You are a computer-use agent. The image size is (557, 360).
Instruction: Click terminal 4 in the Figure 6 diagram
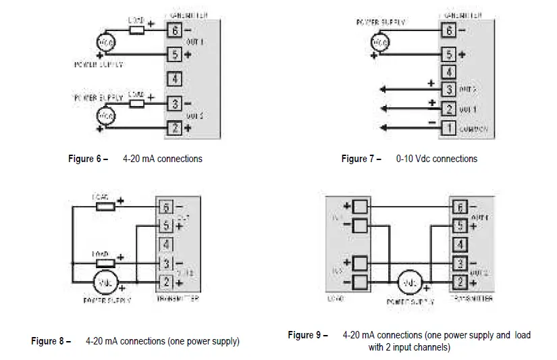(x=174, y=79)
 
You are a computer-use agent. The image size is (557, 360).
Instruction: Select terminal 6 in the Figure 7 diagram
(x=448, y=30)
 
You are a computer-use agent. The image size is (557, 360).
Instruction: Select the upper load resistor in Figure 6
(x=137, y=30)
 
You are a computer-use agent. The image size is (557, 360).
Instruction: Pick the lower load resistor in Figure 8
(x=106, y=263)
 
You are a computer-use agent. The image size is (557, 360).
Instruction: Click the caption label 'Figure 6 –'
(x=88, y=159)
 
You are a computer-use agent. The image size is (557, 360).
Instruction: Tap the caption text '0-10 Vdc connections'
(x=436, y=159)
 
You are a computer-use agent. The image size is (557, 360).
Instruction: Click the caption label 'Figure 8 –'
(x=51, y=342)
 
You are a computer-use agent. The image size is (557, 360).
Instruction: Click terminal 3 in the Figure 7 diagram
(x=448, y=89)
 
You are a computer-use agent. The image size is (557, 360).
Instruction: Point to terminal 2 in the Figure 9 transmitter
(x=459, y=281)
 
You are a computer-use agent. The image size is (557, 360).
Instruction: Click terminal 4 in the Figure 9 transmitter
(x=459, y=244)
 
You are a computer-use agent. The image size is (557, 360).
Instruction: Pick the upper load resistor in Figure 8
(x=106, y=207)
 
